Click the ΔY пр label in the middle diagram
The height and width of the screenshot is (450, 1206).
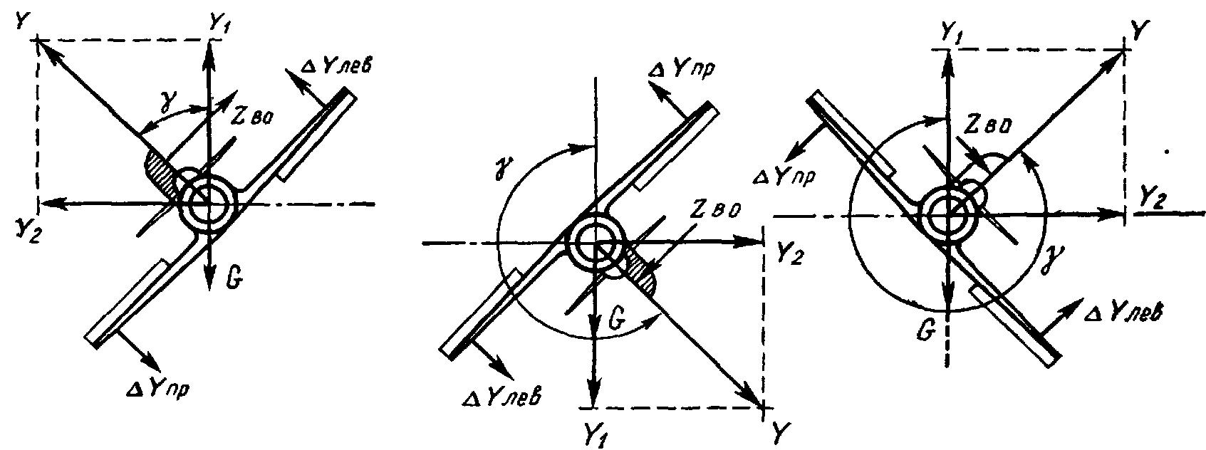point(680,70)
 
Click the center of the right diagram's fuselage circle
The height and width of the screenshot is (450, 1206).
point(949,215)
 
